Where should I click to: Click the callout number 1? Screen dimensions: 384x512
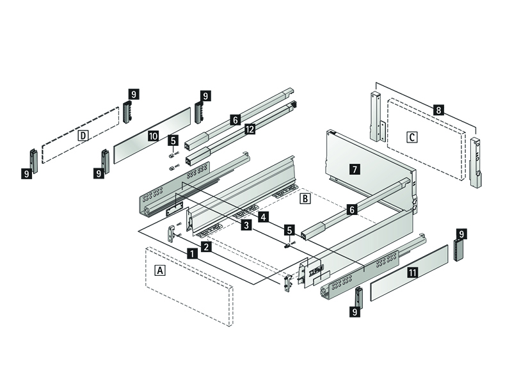click(191, 253)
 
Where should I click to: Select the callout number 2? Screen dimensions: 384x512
click(206, 246)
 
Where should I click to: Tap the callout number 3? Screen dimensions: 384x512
click(246, 225)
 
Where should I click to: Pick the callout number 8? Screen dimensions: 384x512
click(438, 110)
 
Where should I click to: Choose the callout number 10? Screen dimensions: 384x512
click(153, 136)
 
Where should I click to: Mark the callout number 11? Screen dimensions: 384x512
click(413, 273)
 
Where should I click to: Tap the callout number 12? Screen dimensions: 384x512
click(250, 129)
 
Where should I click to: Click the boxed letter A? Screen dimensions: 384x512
click(161, 271)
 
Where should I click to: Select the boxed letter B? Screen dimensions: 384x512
click(305, 198)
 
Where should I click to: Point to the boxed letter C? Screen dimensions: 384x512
click(412, 136)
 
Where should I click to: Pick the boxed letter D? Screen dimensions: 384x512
click(83, 135)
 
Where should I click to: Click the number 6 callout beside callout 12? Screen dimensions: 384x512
click(236, 120)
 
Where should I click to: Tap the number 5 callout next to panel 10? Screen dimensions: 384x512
click(173, 140)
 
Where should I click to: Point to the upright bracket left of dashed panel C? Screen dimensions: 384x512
click(375, 118)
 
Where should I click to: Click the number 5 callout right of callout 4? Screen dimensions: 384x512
click(289, 230)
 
